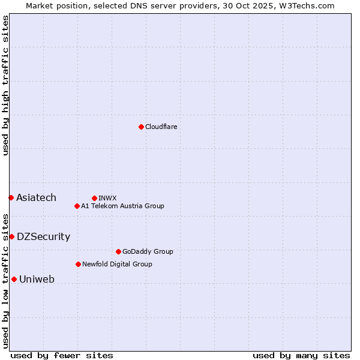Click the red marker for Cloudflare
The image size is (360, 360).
pos(141,127)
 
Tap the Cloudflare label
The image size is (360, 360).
pos(161,127)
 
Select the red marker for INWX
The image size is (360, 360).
pos(94,198)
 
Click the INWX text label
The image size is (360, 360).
pos(107,198)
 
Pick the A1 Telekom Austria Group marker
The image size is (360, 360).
pos(77,206)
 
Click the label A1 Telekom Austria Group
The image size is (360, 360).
pos(122,206)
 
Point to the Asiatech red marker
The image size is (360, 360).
pos(11,197)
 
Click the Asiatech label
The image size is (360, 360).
pos(36,197)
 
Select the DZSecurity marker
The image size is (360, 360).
pos(11,236)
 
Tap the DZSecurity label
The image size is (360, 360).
pos(43,236)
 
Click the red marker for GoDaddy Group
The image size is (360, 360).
pos(118,251)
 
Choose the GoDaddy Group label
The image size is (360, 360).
pos(148,251)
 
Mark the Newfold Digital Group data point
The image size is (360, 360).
pos(78,264)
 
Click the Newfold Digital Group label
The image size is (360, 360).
pos(117,264)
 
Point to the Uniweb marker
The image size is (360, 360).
pos(14,279)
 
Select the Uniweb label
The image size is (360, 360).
pos(37,279)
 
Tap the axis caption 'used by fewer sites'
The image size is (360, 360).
pos(62,355)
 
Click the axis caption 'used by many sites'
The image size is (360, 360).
pos(301,355)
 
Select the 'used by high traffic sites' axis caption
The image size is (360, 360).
pos(5,85)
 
